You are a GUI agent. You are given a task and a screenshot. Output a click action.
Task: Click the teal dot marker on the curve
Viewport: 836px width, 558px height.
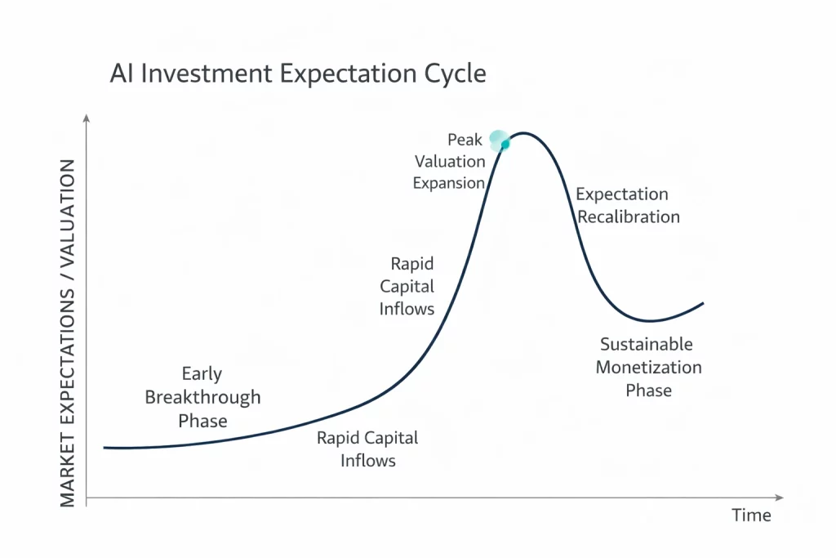[x=505, y=145]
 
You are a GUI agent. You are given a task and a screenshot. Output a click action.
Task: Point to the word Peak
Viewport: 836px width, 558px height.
[x=465, y=140]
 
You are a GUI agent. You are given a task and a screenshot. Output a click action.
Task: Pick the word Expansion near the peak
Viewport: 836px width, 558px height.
[x=448, y=183]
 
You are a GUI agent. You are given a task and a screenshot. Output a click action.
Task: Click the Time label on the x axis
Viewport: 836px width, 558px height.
[x=750, y=516]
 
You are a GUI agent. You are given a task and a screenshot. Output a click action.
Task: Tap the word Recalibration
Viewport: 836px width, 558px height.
[x=628, y=217]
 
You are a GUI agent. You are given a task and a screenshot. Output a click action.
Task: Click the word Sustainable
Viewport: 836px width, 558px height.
[x=646, y=344]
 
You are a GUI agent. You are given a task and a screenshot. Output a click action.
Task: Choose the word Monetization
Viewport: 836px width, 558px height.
[x=648, y=368]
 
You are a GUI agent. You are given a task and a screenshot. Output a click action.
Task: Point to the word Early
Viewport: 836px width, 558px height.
[x=202, y=374]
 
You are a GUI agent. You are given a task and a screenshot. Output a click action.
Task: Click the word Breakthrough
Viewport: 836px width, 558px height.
[x=202, y=398]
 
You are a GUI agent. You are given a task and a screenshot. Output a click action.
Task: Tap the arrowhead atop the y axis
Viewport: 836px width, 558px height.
[x=87, y=120]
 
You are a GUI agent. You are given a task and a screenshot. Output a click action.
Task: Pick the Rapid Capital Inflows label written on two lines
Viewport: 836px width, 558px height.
[x=367, y=449]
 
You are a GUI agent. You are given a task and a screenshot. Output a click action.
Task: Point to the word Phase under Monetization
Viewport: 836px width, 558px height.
[x=648, y=391]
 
